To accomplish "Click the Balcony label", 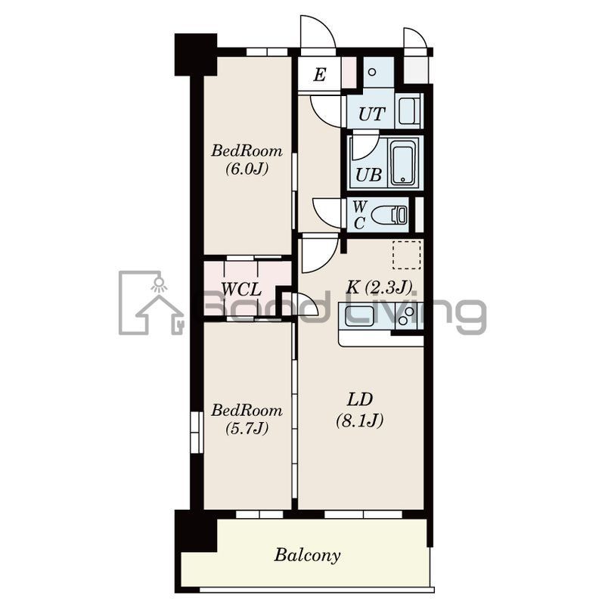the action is pyautogui.click(x=308, y=556).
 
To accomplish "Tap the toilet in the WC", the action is pyautogui.click(x=389, y=215).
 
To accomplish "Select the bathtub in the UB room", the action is pyautogui.click(x=404, y=163).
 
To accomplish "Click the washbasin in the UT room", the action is pyautogui.click(x=409, y=111).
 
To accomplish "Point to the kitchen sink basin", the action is pyautogui.click(x=360, y=316).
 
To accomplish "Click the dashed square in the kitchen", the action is pyautogui.click(x=407, y=255).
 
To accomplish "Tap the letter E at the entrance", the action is pyautogui.click(x=320, y=74).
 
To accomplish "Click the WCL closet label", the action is pyautogui.click(x=241, y=290).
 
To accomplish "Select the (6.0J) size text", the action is pyautogui.click(x=247, y=169).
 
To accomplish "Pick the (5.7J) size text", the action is pyautogui.click(x=247, y=428).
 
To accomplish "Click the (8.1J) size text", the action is pyautogui.click(x=360, y=420).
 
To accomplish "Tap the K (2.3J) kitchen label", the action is pyautogui.click(x=379, y=287).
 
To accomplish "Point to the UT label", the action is pyautogui.click(x=371, y=114).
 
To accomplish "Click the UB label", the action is pyautogui.click(x=368, y=175).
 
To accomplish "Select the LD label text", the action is pyautogui.click(x=360, y=400).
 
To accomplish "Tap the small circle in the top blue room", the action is pyautogui.click(x=372, y=72).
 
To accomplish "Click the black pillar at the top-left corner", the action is pyautogui.click(x=196, y=54).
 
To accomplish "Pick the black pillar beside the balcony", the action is pyautogui.click(x=196, y=532).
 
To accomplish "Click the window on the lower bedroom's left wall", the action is pyautogui.click(x=197, y=432).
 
